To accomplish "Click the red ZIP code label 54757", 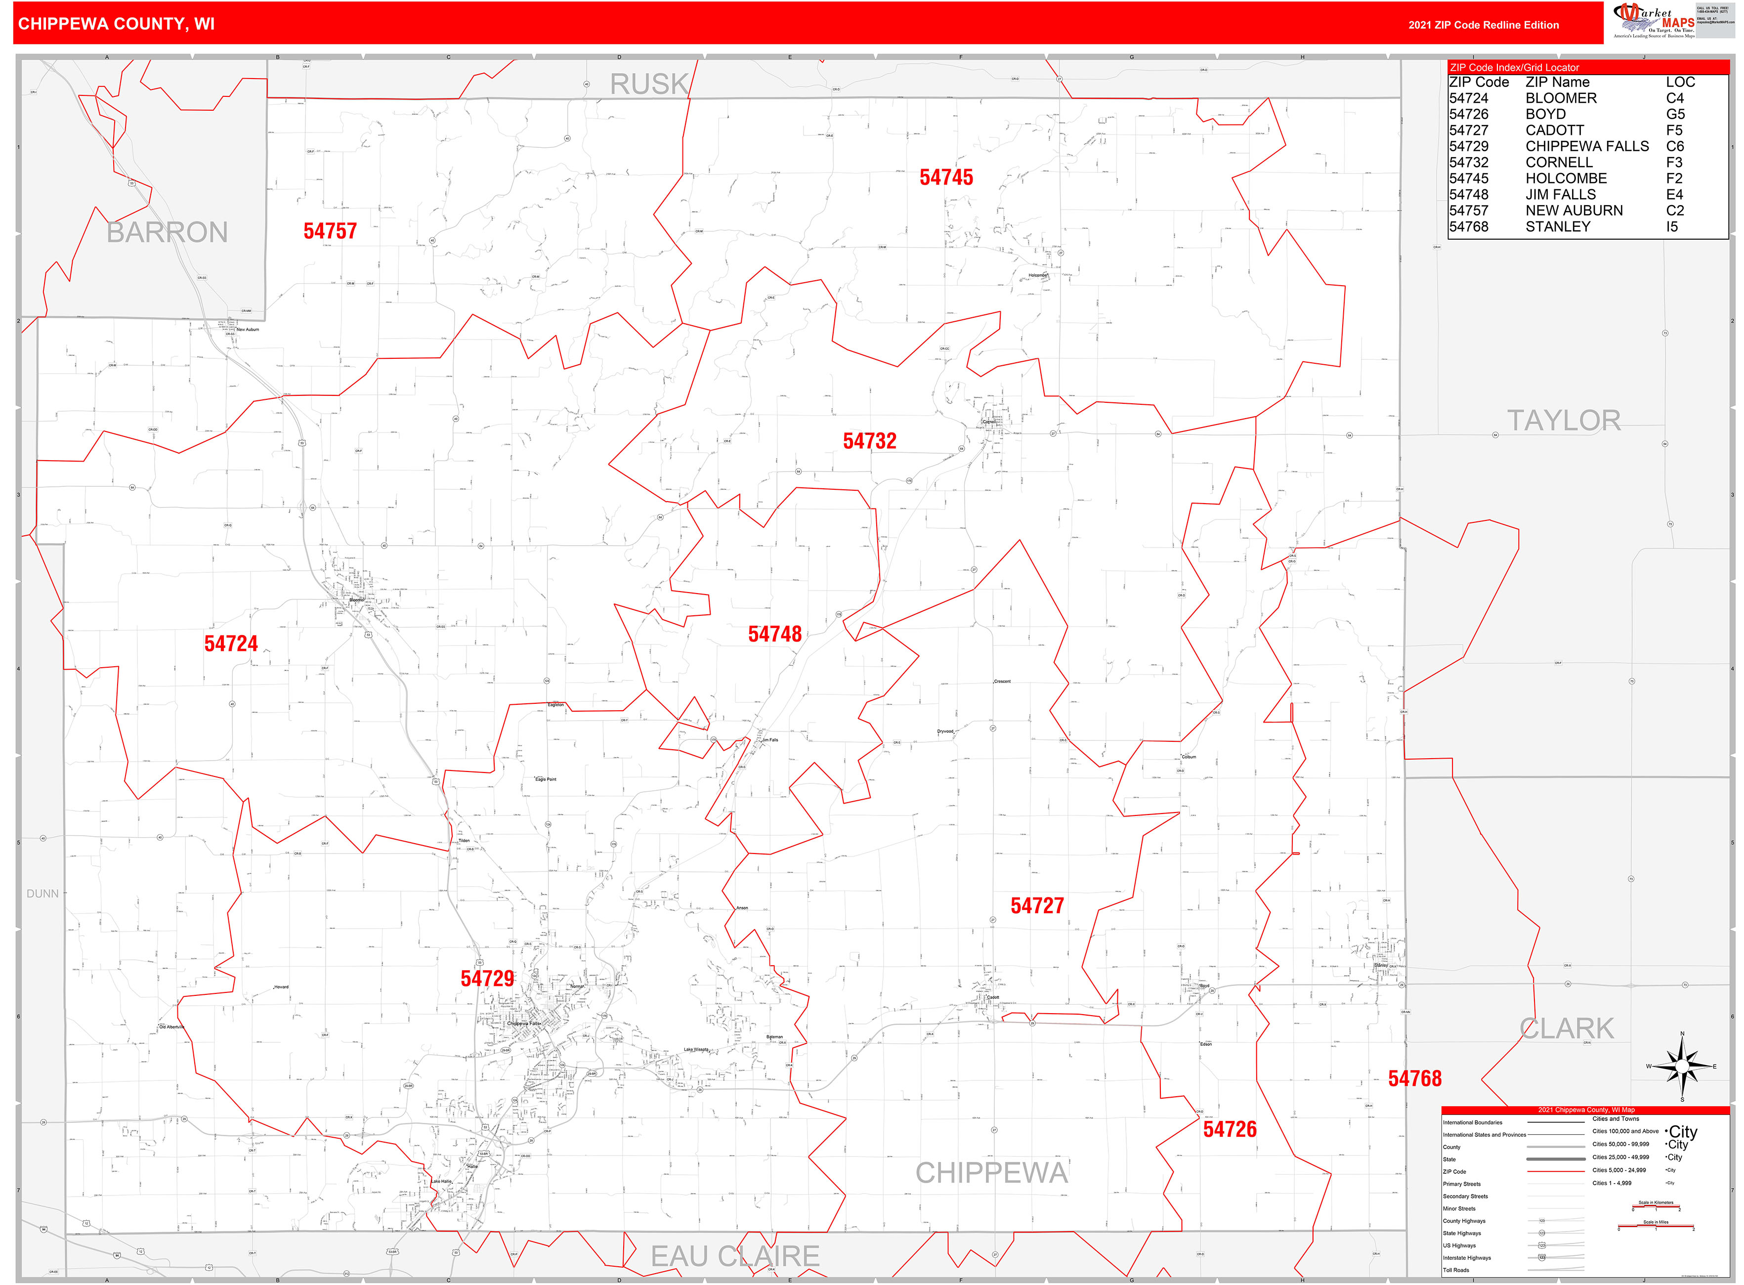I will tap(330, 231).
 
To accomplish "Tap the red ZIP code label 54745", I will tap(946, 177).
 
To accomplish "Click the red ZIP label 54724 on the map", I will tap(231, 643).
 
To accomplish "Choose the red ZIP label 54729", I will tap(487, 979).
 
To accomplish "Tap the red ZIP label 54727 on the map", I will tap(1037, 905).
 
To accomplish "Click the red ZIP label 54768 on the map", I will tap(1414, 1079).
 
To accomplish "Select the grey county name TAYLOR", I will tap(1564, 421).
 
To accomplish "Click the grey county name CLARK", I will tap(1567, 1028).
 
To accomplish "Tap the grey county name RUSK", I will tap(649, 84).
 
